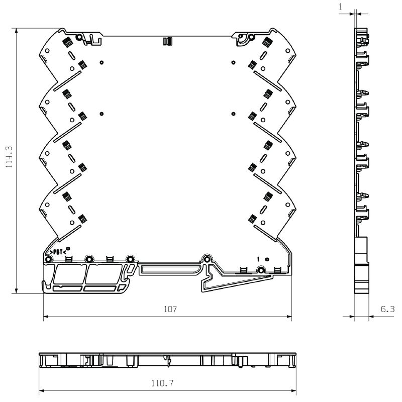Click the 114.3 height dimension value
pos(9,157)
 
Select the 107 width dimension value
pos(170,309)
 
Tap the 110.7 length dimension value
pos(162,383)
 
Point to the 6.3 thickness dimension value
pos(387,309)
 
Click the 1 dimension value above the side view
pos(341,7)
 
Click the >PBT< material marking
pos(58,252)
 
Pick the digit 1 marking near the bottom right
pos(258,259)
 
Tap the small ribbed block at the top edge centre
pos(168,41)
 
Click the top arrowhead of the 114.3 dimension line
pos(17,31)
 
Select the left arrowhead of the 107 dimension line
pos(46,317)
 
